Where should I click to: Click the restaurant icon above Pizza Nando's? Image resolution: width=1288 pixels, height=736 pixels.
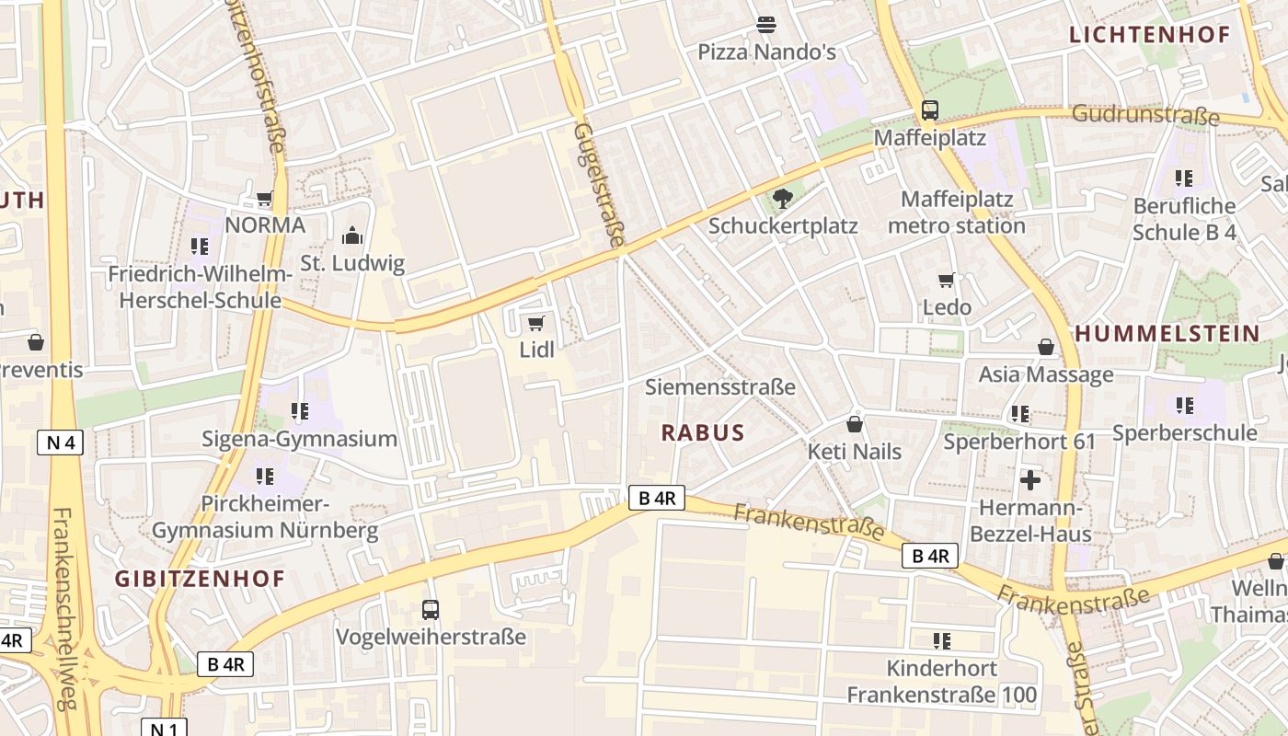tap(765, 24)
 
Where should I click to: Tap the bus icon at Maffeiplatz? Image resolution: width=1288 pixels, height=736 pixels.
tap(930, 110)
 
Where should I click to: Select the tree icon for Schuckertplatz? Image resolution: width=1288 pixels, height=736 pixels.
tap(783, 198)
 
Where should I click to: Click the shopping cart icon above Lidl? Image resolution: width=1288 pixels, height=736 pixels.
tap(536, 323)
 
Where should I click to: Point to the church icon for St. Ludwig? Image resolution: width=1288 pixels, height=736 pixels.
tap(352, 236)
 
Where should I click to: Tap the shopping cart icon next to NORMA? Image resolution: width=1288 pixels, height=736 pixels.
tap(265, 199)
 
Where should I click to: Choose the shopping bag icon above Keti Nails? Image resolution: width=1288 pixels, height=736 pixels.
tap(855, 424)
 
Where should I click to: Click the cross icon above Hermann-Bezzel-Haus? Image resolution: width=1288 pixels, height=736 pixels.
tap(1030, 480)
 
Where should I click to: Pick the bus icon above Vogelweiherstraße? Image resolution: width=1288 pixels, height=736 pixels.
tap(430, 609)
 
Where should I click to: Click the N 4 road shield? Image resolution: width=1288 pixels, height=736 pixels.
tap(61, 443)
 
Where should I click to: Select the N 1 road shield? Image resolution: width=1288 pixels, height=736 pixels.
tap(164, 728)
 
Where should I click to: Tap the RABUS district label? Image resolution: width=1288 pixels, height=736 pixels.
tap(703, 432)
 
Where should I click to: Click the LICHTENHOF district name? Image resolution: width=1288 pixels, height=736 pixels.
tap(1149, 36)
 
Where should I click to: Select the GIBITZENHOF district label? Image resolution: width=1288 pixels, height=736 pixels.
tap(200, 579)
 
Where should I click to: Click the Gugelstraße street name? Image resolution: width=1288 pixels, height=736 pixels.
tap(598, 184)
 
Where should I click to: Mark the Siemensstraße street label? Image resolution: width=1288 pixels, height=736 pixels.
tap(719, 386)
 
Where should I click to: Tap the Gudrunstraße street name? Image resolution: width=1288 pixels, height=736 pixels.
tap(1145, 116)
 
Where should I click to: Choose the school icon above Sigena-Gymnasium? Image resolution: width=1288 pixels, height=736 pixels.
tap(299, 411)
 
